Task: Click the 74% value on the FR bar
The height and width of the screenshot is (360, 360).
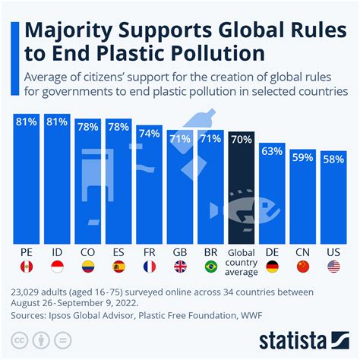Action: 149,134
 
